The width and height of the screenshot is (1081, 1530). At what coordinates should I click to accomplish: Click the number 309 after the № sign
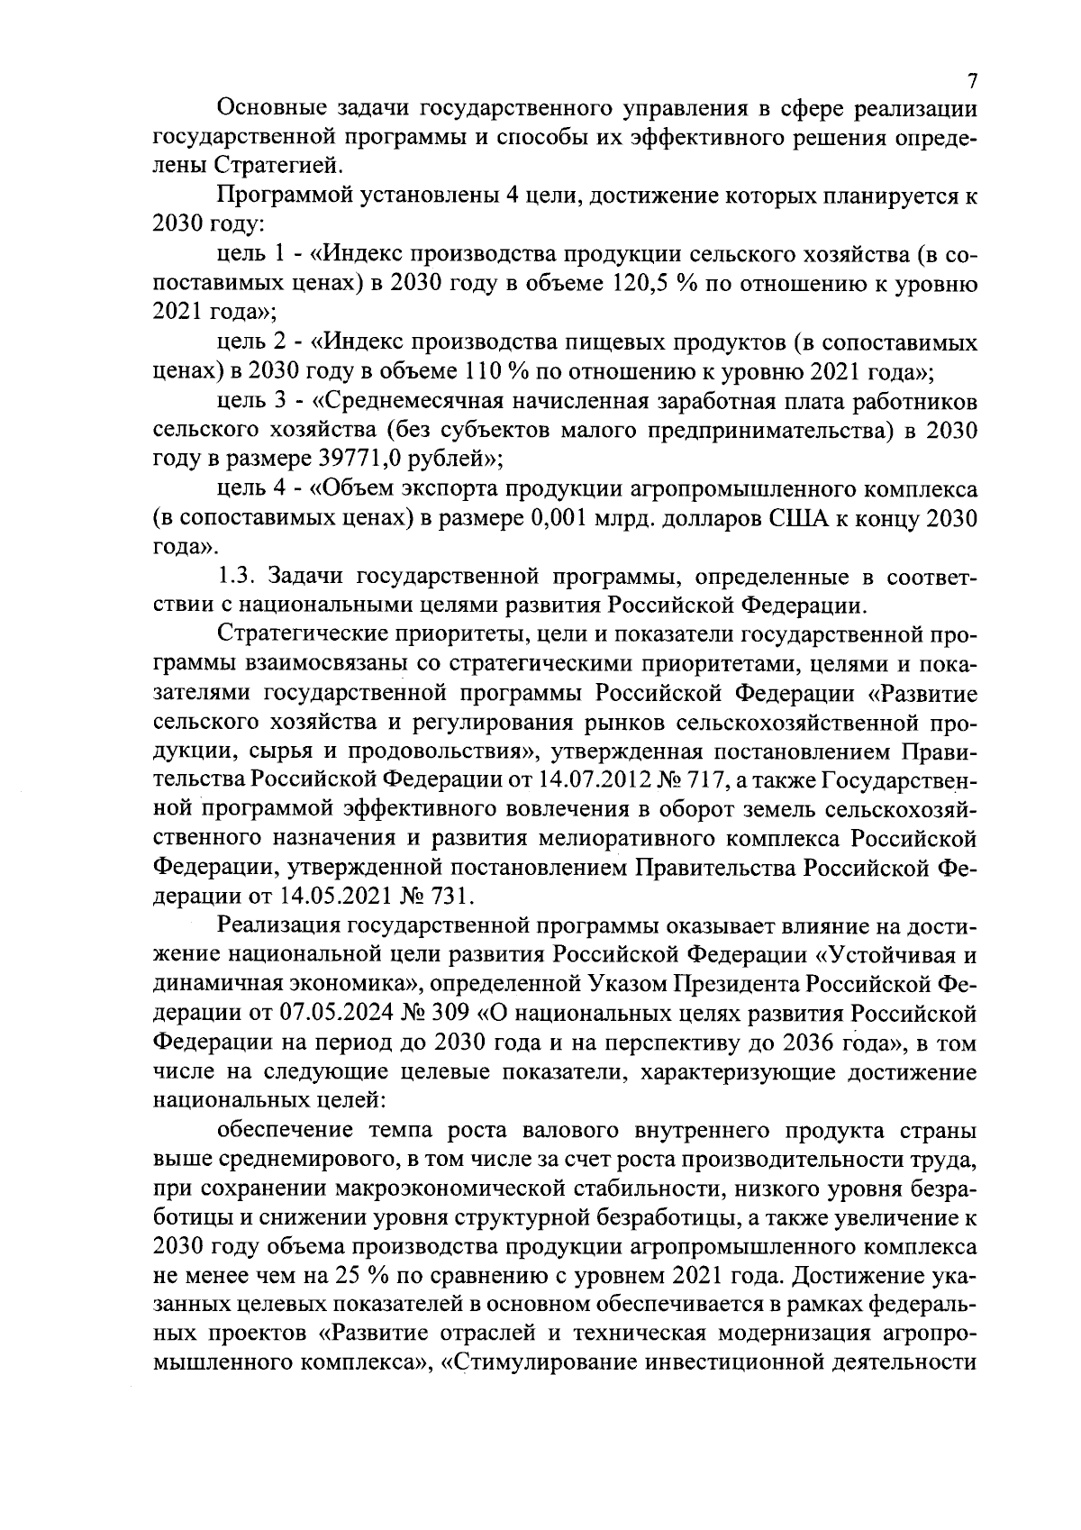click(x=454, y=1014)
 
